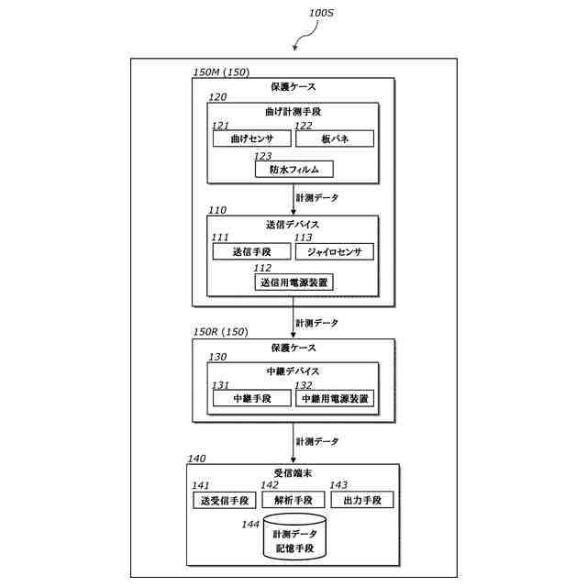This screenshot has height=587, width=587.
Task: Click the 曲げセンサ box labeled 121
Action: (x=252, y=138)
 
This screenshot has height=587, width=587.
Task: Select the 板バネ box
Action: (x=335, y=138)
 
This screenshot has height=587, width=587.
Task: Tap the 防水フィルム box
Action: (x=293, y=169)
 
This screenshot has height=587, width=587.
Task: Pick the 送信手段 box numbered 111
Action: (x=251, y=251)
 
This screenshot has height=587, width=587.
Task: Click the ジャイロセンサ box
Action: (x=335, y=251)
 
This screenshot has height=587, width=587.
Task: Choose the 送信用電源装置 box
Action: (x=293, y=282)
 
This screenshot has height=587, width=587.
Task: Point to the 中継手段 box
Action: (x=252, y=398)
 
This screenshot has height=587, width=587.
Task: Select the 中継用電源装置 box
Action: (x=335, y=398)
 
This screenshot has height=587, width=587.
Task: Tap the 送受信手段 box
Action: (x=225, y=500)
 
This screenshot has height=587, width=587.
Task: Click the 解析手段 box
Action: (x=293, y=500)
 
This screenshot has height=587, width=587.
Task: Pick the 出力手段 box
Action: (x=362, y=500)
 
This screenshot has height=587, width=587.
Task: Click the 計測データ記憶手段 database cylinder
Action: (x=294, y=537)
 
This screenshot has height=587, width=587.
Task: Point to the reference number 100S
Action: (x=321, y=13)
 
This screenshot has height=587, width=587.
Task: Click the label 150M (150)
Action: (x=221, y=72)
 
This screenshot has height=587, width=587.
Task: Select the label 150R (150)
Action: (x=221, y=332)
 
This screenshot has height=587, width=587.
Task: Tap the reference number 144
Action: (x=250, y=524)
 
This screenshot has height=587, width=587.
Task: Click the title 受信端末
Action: (x=293, y=473)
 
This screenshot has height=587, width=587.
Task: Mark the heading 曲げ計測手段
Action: (x=293, y=111)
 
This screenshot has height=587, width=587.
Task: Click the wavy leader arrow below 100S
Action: (x=308, y=37)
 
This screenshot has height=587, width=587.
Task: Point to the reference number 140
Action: (x=196, y=459)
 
